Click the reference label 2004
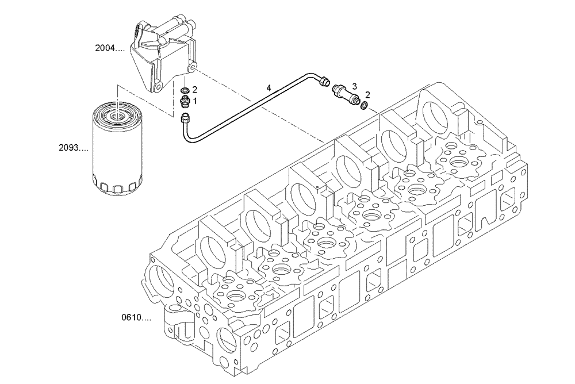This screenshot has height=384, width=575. pos(109,49)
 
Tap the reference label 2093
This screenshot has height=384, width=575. pos(74,148)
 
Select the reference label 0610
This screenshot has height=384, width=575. pos(136,317)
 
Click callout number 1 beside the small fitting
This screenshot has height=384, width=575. pos(195,101)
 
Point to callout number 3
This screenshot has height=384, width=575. pos(354,86)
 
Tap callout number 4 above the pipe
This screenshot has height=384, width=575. pos(268,88)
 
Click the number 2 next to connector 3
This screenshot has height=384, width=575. pos(368,95)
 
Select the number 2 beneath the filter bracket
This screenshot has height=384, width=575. pos(195,90)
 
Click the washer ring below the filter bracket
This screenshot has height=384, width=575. pos(185,91)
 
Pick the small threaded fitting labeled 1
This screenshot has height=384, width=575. pos(185,102)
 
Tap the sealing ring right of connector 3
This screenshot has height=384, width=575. pos(363,105)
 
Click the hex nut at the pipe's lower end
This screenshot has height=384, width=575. pos(186,120)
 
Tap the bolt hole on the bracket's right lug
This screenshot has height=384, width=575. pos(192,70)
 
